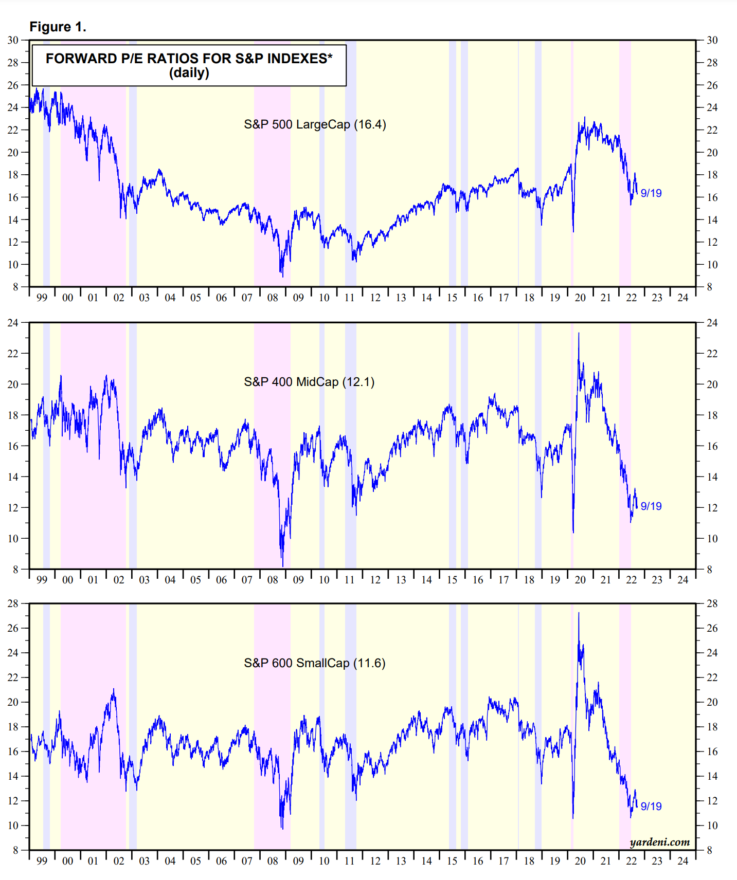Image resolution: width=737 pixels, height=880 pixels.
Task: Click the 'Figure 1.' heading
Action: [x=58, y=27]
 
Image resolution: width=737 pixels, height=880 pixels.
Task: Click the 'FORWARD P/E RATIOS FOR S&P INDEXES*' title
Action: [x=189, y=59]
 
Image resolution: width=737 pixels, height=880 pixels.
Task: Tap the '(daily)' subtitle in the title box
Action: [x=189, y=73]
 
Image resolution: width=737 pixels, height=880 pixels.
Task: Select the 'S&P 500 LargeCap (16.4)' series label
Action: [x=315, y=124]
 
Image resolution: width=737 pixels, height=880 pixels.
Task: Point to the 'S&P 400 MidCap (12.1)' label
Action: [x=309, y=382]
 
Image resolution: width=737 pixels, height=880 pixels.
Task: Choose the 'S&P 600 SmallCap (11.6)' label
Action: [x=315, y=663]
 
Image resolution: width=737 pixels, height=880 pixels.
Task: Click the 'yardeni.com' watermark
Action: [x=659, y=842]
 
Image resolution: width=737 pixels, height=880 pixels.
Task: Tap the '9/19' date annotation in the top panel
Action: [x=651, y=193]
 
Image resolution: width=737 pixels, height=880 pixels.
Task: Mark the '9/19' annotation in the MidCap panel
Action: [x=651, y=506]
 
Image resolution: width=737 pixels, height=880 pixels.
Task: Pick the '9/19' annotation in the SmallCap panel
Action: [x=651, y=806]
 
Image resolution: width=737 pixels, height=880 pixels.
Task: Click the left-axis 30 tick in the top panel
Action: [x=12, y=40]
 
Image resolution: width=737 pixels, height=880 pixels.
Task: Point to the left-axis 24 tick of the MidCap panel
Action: [x=12, y=323]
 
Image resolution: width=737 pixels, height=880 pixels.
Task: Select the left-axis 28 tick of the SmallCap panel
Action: [x=12, y=603]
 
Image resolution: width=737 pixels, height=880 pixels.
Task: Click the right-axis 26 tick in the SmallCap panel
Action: [x=712, y=628]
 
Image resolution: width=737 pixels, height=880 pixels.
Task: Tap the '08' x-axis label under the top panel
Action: [x=273, y=298]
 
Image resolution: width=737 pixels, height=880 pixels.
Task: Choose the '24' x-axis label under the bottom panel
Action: [x=682, y=861]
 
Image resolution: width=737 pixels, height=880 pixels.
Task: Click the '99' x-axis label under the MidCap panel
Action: [x=42, y=580]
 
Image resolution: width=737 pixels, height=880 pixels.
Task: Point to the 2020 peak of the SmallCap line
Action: [x=579, y=613]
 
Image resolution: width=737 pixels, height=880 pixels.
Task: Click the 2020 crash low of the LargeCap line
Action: [x=573, y=231]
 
